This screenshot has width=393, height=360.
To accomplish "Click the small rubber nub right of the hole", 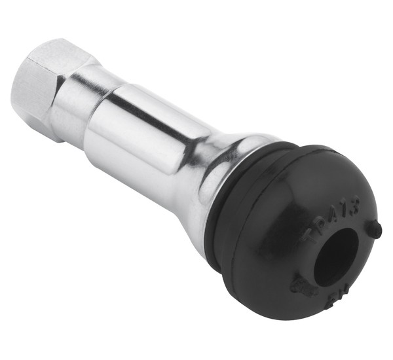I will click(x=374, y=229).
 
